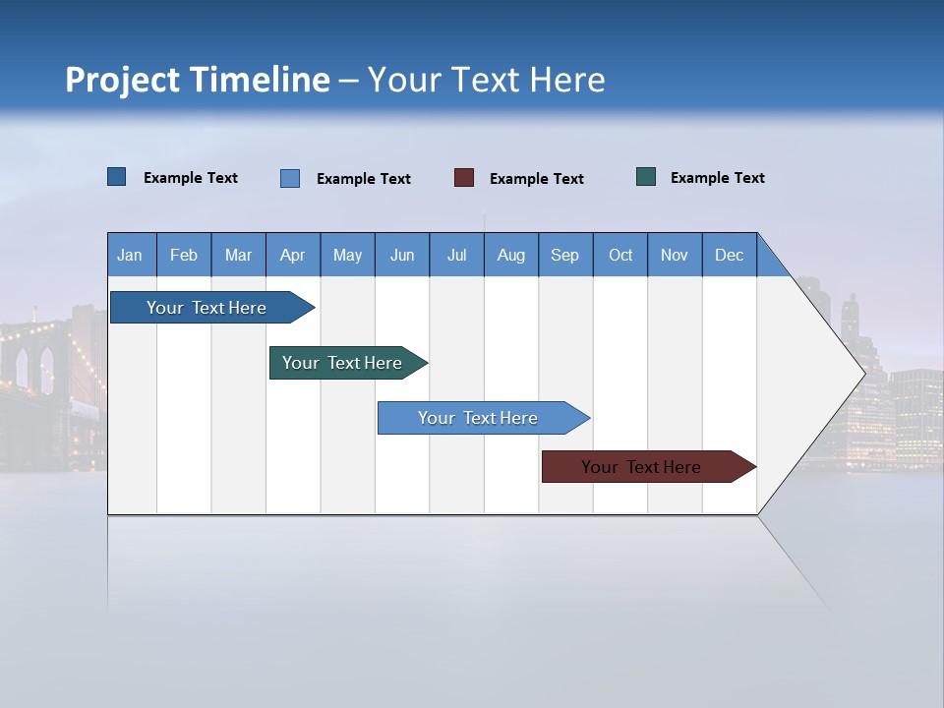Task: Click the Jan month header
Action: pyautogui.click(x=131, y=255)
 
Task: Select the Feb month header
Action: pyautogui.click(x=184, y=255)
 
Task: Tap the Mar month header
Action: pyautogui.click(x=238, y=255)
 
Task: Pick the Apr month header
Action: pyautogui.click(x=293, y=255)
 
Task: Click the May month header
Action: pyautogui.click(x=347, y=255)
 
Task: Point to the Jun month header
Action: pyautogui.click(x=402, y=255)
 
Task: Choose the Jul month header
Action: pyautogui.click(x=456, y=255)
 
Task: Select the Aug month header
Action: pyautogui.click(x=511, y=255)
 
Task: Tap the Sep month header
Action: pyautogui.click(x=565, y=255)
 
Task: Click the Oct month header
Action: pyautogui.click(x=620, y=255)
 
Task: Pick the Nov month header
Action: pyautogui.click(x=675, y=255)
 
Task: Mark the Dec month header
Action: pyautogui.click(x=730, y=255)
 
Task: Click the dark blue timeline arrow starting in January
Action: pyautogui.click(x=207, y=308)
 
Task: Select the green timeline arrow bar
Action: pyautogui.click(x=343, y=363)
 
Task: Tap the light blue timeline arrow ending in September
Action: pyautogui.click(x=479, y=418)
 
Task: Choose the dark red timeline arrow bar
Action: pyautogui.click(x=642, y=467)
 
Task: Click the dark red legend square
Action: pyautogui.click(x=464, y=178)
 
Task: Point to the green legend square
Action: pyautogui.click(x=646, y=177)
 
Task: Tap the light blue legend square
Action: pyautogui.click(x=290, y=178)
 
